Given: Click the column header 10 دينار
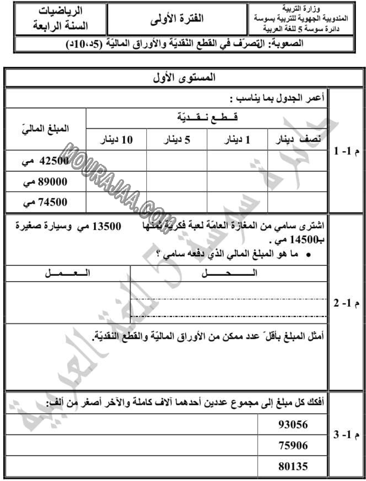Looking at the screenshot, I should pyautogui.click(x=116, y=140).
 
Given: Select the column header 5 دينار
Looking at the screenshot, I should pyautogui.click(x=177, y=140).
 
